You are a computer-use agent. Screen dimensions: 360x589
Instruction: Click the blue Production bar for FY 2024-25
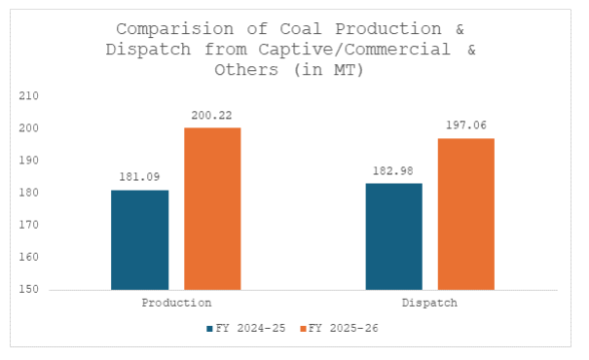pyautogui.click(x=139, y=239)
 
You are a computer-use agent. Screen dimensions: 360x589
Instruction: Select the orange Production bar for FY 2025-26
pyautogui.click(x=212, y=208)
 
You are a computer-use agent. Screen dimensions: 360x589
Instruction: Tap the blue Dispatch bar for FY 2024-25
pyautogui.click(x=394, y=236)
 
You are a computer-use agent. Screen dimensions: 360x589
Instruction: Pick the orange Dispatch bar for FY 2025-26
pyautogui.click(x=466, y=214)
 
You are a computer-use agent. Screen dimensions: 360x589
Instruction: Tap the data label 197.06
pyautogui.click(x=466, y=126)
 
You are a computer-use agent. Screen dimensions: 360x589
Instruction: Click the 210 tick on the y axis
pyautogui.click(x=29, y=96)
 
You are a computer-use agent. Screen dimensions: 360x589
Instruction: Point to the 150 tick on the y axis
pyautogui.click(x=29, y=290)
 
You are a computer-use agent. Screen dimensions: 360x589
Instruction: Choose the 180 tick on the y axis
pyautogui.click(x=29, y=193)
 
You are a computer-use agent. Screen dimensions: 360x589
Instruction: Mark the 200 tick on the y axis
pyautogui.click(x=29, y=128)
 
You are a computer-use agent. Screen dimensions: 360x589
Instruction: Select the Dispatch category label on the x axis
pyautogui.click(x=430, y=304)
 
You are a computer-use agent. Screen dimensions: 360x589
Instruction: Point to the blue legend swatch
pyautogui.click(x=209, y=329)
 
